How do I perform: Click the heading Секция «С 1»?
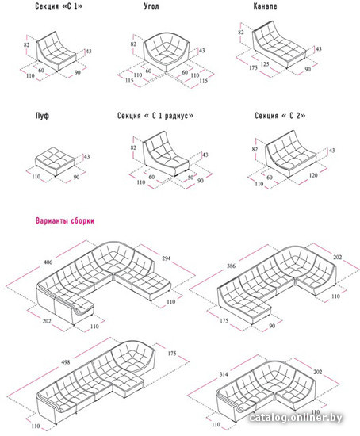click(x=59, y=6)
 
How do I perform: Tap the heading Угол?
click(x=151, y=6)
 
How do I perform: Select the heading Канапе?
click(x=265, y=6)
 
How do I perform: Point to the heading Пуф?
click(x=42, y=116)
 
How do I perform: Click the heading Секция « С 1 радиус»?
click(x=155, y=116)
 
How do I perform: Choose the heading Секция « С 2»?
click(x=280, y=116)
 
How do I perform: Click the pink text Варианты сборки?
click(x=65, y=221)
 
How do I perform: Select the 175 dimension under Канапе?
click(x=253, y=67)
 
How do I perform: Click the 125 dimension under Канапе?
click(x=265, y=64)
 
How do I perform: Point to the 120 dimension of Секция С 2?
click(x=313, y=175)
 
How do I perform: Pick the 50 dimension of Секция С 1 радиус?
click(x=190, y=177)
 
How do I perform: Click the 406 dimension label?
click(x=48, y=262)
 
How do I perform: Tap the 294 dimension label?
click(x=166, y=258)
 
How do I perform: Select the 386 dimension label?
click(x=231, y=266)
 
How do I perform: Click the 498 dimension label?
click(x=65, y=362)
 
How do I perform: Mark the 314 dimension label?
click(x=224, y=374)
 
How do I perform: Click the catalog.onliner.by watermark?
click(x=296, y=418)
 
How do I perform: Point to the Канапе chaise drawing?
click(x=279, y=44)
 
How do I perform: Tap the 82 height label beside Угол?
click(x=133, y=44)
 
